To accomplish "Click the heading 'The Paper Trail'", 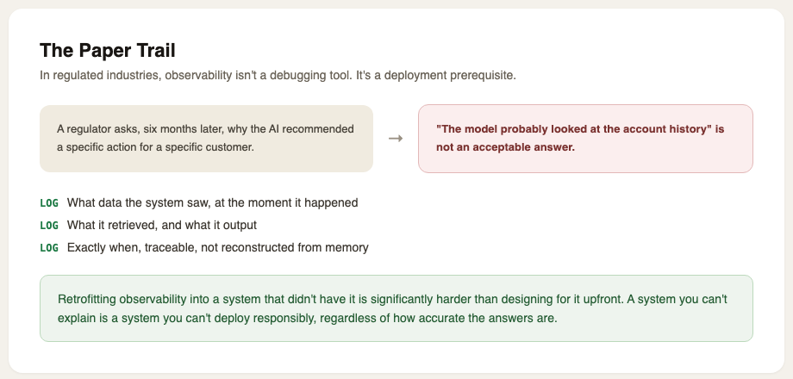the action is (x=108, y=51).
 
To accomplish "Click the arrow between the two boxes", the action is (x=396, y=139).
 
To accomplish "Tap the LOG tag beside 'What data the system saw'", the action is (x=49, y=203).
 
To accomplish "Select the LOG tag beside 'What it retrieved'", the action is (x=49, y=226).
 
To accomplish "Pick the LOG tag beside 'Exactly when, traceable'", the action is (x=49, y=247).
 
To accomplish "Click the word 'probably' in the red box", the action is (x=509, y=129).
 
